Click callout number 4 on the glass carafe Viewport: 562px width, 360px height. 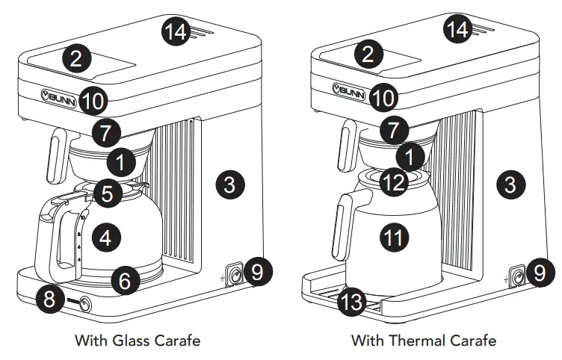click(105, 238)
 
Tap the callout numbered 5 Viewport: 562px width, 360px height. click(108, 194)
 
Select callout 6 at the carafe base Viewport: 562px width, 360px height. click(125, 281)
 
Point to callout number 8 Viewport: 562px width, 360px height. click(50, 300)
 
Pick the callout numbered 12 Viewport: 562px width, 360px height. click(394, 181)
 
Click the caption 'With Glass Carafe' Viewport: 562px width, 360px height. click(138, 341)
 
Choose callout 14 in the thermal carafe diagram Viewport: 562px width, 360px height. click(458, 30)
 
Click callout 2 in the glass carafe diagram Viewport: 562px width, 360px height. click(77, 57)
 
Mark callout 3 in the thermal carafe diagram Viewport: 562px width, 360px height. click(510, 184)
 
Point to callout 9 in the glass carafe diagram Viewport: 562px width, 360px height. click(256, 273)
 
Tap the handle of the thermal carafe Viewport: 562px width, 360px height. click(341, 224)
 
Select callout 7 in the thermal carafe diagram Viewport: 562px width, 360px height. click(394, 129)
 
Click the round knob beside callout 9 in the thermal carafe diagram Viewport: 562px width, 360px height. click(517, 277)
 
